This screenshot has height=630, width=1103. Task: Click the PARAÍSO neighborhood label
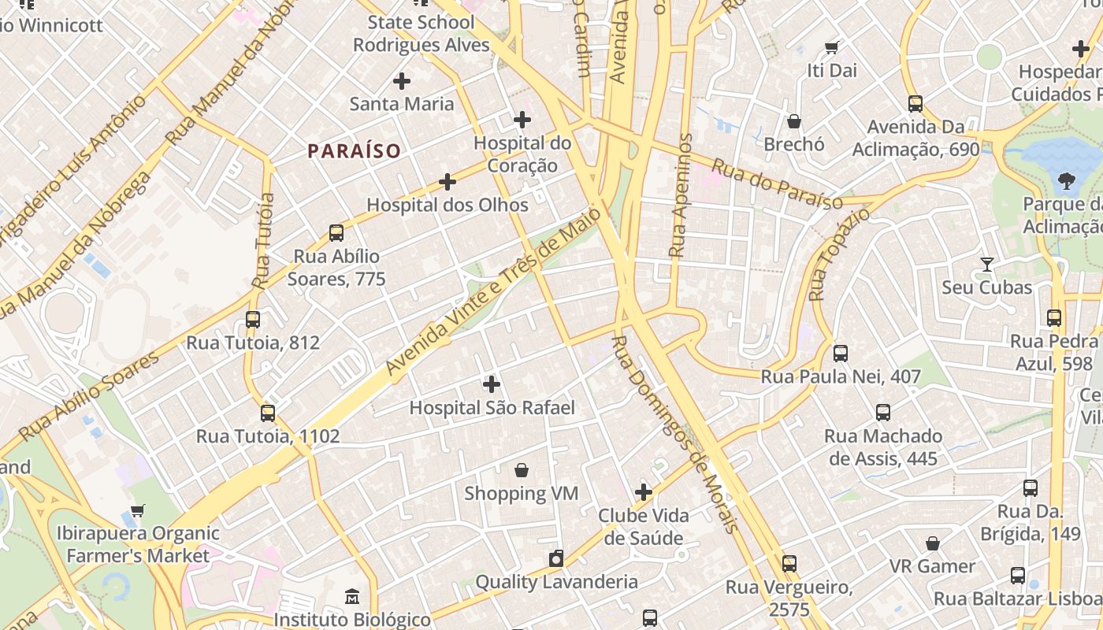354,150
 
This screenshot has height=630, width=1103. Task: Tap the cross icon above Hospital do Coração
522,120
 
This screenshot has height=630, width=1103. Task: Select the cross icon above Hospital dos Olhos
448,183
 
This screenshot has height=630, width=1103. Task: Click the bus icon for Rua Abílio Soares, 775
336,233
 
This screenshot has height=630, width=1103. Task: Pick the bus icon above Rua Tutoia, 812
253,320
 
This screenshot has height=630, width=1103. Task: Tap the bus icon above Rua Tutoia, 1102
268,413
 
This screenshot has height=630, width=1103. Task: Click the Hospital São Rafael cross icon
492,384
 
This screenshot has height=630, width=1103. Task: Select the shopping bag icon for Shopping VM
522,471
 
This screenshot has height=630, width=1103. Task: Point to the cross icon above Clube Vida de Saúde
644,493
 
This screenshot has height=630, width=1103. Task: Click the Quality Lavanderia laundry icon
556,559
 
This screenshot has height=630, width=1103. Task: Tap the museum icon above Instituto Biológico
352,596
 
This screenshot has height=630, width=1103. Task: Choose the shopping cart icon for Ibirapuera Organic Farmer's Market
138,510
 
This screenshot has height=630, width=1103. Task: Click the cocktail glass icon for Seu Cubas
986,265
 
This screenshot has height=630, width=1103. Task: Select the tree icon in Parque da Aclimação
1067,181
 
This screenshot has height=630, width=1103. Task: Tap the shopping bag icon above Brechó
794,121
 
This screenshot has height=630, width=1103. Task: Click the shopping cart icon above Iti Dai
831,47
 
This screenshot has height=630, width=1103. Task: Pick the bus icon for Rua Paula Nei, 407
841,354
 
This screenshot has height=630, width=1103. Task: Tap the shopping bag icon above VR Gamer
933,543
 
